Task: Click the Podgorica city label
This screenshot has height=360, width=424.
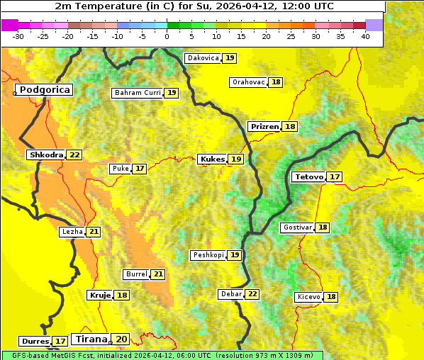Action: [x=45, y=90]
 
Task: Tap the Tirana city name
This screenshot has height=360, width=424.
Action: [x=90, y=339]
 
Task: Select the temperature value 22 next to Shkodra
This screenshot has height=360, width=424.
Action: [x=75, y=154]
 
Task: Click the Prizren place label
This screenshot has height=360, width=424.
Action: [x=264, y=126]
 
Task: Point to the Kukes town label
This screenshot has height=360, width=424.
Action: [x=212, y=159]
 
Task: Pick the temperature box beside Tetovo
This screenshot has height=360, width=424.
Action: [x=335, y=176]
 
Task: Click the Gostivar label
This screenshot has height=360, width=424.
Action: [x=297, y=227]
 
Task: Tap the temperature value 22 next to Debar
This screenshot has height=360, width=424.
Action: [x=252, y=294]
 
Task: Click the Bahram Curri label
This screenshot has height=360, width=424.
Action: [x=138, y=93]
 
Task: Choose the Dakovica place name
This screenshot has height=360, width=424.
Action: [x=202, y=58]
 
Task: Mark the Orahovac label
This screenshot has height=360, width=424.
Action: [x=248, y=82]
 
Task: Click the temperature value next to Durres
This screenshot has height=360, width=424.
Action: [x=60, y=342]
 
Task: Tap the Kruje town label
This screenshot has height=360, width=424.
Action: [x=99, y=295]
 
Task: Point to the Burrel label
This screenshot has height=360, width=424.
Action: [x=136, y=274]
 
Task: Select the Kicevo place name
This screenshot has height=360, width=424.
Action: [x=309, y=297]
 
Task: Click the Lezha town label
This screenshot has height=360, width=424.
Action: [x=72, y=232]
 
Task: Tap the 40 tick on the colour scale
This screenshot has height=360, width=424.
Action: [x=364, y=36]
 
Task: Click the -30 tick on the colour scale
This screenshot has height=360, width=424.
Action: [x=18, y=36]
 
